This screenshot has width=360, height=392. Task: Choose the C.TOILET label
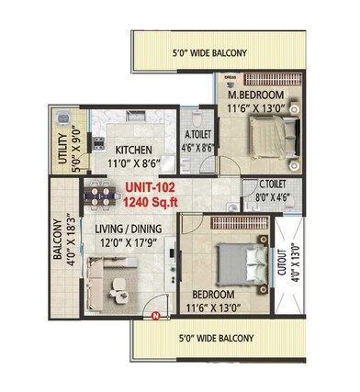pos(264,185)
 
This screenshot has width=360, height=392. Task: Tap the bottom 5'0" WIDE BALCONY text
pos(212,339)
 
